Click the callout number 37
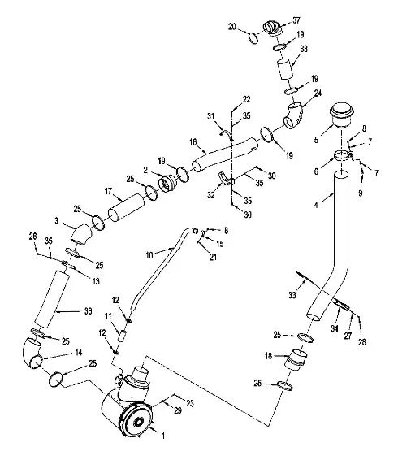pos(296,20)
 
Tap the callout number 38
pos(304,49)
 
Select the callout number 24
pos(318,93)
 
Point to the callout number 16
pos(193,142)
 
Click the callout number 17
pos(108,191)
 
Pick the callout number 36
pos(88,310)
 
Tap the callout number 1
pos(163,436)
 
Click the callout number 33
pos(292,295)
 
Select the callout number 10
pos(149,255)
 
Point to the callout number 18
pos(269,356)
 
